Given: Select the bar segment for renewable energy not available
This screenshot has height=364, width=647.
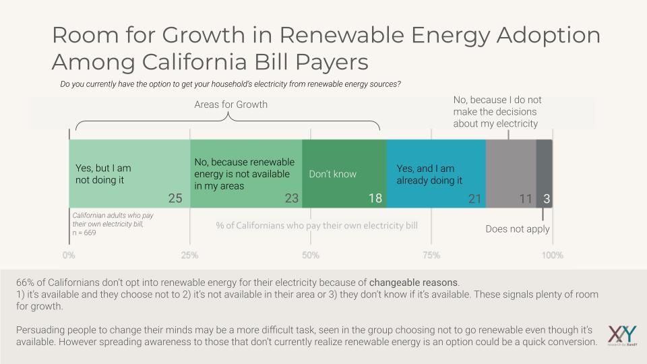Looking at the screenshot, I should pos(246,173).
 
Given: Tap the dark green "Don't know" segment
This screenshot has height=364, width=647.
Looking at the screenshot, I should pos(344,173).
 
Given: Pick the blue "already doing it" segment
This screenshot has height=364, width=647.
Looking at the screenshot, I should pos(436,173).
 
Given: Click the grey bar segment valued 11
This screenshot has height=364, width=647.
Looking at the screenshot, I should pos(511,173).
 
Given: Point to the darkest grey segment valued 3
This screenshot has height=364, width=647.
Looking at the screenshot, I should pos(545,173).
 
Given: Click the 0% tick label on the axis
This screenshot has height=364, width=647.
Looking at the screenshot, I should pos(69,255).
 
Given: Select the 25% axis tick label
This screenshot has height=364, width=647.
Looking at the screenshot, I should pos(190,255).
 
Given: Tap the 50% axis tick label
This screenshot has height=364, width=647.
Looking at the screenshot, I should pos(311,255).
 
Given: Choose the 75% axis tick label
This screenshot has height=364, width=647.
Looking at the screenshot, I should pos(431,255).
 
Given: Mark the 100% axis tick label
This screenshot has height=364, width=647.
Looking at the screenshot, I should pos(552,255).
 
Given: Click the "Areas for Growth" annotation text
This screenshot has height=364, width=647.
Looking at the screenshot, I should pos(230,104).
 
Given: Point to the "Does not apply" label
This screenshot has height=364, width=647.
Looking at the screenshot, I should pos(518,229).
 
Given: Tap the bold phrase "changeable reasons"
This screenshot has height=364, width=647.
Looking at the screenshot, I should pos(414,283).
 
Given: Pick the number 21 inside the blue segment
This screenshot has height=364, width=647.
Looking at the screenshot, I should pos(476,199).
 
